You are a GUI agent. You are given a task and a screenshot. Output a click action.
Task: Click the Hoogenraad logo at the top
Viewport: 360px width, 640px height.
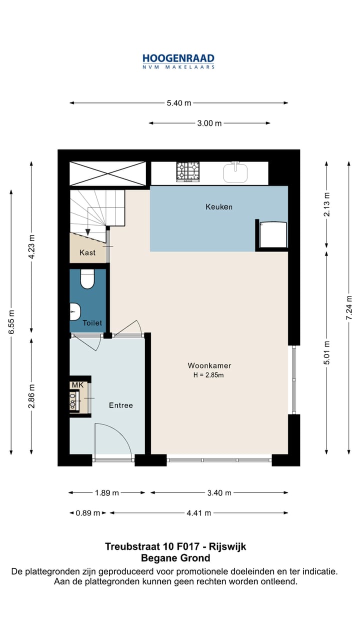[178, 61]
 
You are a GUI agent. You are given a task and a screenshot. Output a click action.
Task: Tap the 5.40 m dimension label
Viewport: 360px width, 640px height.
[179, 103]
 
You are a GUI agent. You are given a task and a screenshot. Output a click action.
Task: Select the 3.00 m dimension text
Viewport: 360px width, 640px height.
[209, 123]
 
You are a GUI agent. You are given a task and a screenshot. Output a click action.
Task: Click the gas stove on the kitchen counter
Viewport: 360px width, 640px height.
[187, 171]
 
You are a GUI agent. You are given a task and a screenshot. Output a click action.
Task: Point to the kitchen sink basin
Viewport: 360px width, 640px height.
[235, 172]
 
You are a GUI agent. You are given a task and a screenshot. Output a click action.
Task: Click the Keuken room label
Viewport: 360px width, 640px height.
[219, 207]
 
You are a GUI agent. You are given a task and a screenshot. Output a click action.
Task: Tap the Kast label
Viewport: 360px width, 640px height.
[87, 252]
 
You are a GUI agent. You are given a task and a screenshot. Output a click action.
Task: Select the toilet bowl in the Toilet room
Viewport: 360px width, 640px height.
[87, 279]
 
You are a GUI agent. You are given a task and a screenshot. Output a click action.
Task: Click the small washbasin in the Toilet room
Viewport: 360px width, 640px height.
[75, 311]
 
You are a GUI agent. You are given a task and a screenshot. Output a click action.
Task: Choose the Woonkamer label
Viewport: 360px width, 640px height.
[209, 365]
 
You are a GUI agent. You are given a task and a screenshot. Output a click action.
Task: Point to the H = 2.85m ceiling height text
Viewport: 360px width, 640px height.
[208, 375]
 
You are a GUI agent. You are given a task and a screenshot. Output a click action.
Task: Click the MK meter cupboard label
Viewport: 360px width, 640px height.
[77, 385]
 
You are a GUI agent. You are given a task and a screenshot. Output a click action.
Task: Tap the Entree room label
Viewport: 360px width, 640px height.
[121, 405]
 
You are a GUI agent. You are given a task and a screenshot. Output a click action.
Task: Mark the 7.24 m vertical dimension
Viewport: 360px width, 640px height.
[349, 307]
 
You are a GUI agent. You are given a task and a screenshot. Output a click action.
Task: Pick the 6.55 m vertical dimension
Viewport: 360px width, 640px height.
[11, 322]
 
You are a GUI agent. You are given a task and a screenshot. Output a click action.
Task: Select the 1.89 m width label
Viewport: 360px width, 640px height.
[107, 493]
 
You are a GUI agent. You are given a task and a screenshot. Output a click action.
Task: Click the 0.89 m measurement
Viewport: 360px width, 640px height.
[87, 513]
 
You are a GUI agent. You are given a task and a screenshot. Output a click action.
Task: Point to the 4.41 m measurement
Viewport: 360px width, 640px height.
[199, 513]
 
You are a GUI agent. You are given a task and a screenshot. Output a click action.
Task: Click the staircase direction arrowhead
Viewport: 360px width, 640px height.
[88, 232]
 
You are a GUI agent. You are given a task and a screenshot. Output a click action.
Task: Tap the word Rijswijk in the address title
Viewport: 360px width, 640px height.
[227, 546]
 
